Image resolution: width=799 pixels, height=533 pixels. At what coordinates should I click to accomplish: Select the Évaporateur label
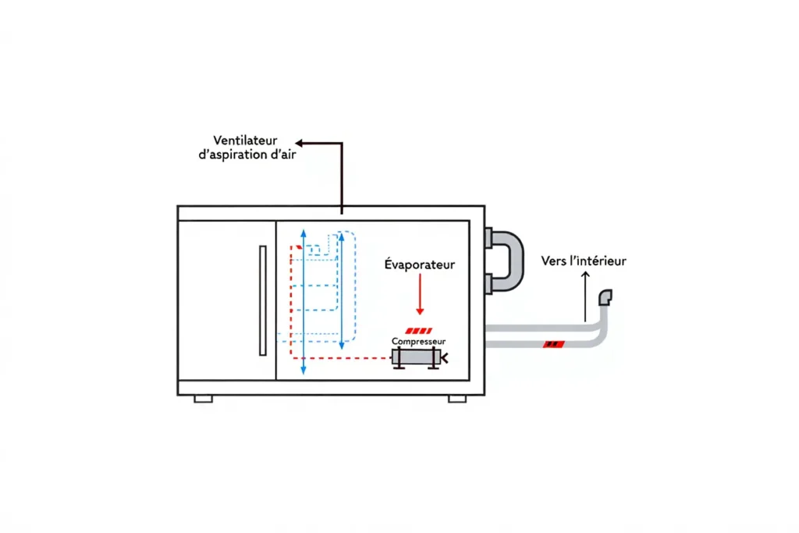419,265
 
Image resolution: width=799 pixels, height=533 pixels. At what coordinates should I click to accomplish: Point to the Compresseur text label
418,342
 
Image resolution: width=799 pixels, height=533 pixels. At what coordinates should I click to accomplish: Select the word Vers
555,261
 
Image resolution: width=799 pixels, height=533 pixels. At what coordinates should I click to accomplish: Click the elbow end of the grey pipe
605,297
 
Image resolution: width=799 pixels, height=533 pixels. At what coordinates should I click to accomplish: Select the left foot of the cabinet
204,398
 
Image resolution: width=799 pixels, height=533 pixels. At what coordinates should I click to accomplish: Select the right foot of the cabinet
457,398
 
